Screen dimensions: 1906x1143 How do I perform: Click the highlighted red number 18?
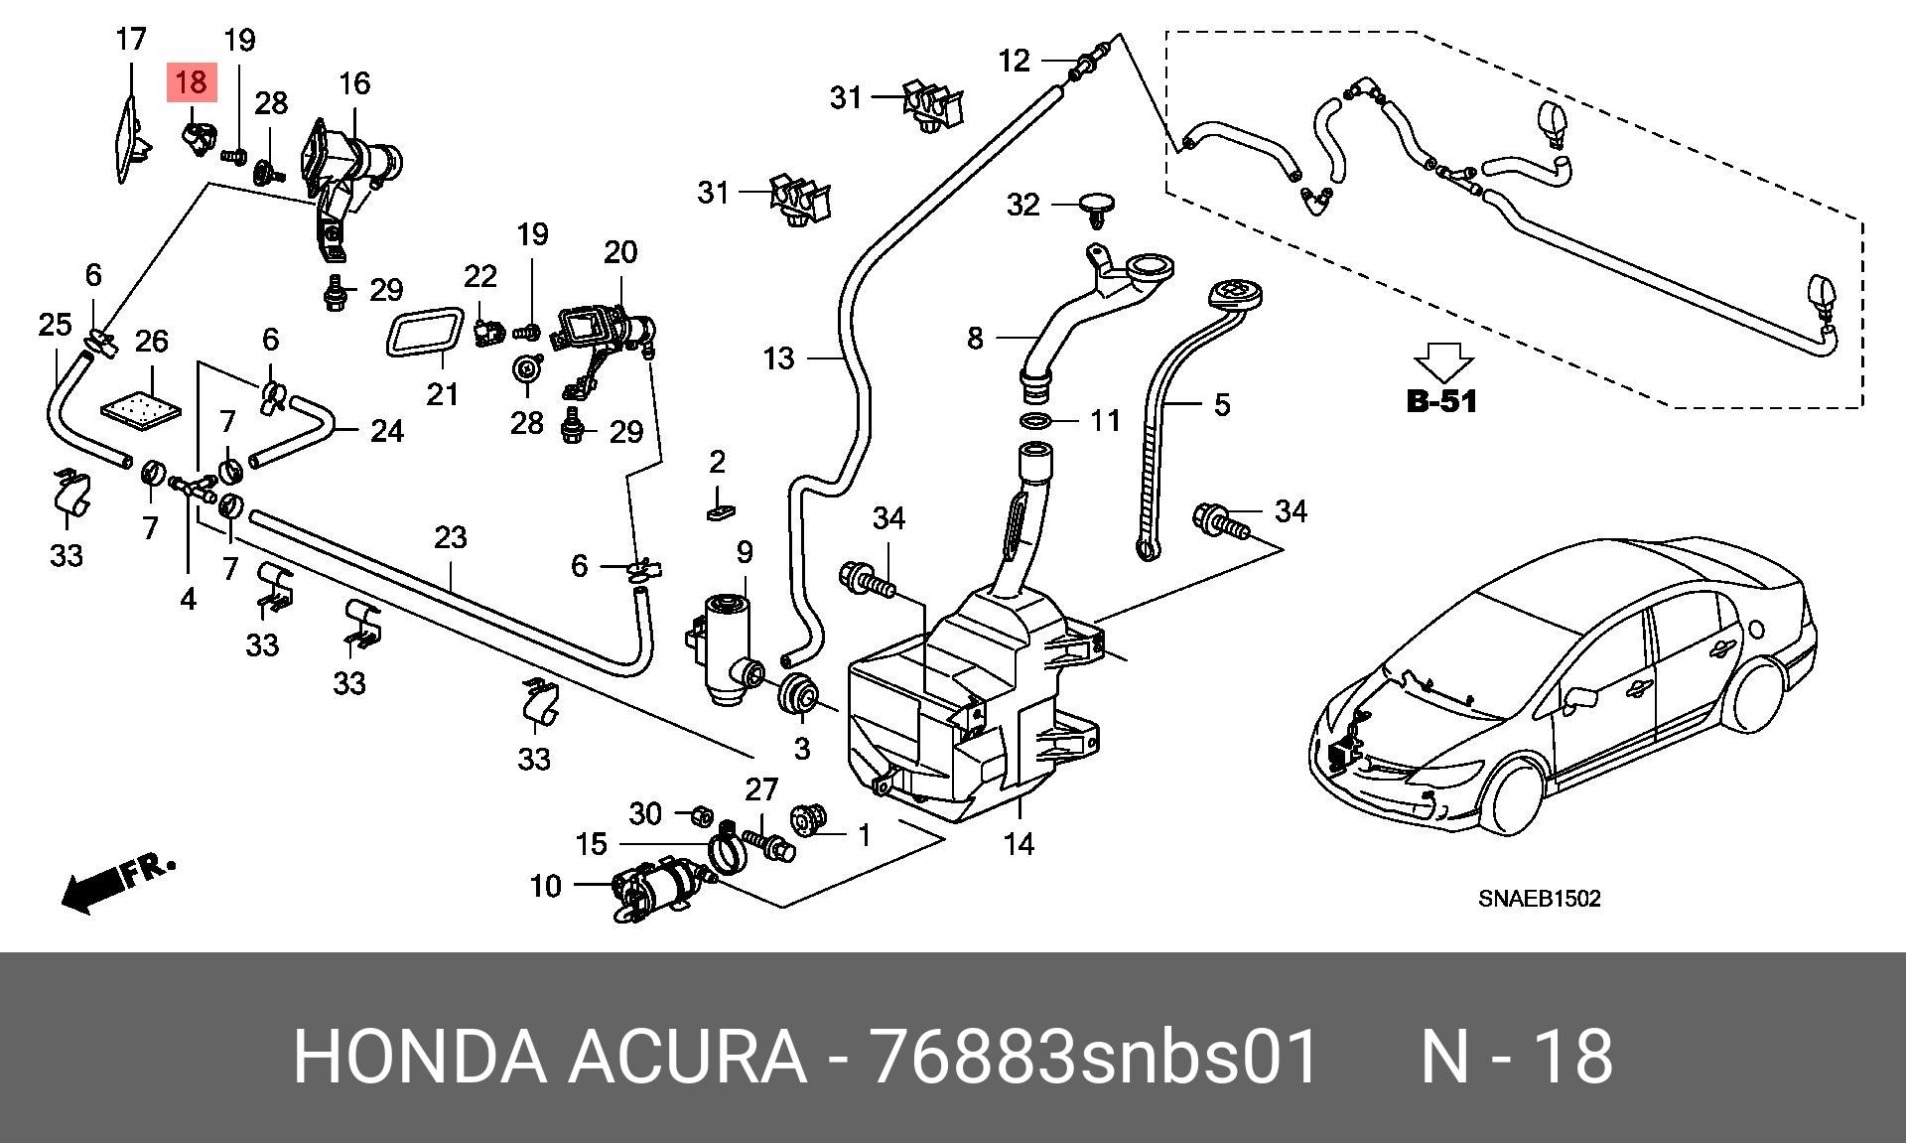(x=192, y=81)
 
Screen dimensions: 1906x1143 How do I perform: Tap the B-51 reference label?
(x=1441, y=401)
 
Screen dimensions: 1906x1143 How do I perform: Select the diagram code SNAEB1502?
(x=1539, y=899)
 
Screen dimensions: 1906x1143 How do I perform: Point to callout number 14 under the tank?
(x=1019, y=844)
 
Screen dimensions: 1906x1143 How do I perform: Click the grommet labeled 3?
(x=798, y=694)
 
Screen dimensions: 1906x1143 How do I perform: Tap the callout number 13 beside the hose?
(x=779, y=357)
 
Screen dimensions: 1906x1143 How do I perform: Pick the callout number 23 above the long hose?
(x=450, y=537)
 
